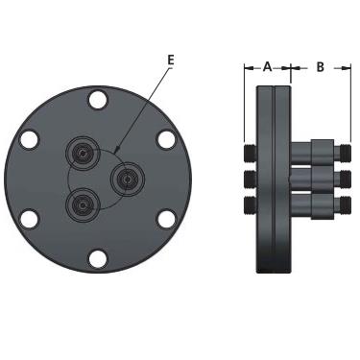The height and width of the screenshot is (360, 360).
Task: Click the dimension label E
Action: coord(171,60)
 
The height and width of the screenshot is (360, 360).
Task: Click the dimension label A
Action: coord(267,67)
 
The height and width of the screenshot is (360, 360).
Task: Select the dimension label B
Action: coord(320,67)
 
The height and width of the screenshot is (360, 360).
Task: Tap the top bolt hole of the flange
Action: coord(98,100)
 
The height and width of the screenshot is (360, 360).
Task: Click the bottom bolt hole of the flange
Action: coord(98,258)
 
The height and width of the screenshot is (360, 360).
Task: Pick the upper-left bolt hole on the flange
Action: coord(29,140)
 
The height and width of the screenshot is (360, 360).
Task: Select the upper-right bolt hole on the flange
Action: coord(167,140)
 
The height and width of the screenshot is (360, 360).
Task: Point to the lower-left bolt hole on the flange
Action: coord(29,219)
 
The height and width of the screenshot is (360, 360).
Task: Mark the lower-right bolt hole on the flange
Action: coord(167,219)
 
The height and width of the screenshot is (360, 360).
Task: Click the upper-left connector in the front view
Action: coord(83,153)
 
